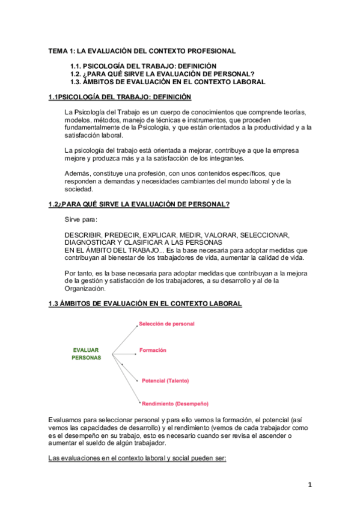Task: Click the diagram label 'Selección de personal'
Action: [166, 324]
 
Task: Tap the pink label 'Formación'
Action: [153, 350]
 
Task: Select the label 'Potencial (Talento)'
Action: [165, 381]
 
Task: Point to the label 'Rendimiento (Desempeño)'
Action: [175, 403]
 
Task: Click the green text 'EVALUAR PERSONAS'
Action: [87, 353]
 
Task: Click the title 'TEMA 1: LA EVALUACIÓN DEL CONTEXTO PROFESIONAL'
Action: [142, 51]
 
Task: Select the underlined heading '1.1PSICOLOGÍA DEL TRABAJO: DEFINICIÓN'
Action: [120, 97]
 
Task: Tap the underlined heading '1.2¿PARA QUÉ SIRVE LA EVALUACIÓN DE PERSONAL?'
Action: [139, 204]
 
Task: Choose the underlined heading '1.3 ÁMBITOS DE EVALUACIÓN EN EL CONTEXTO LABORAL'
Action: [145, 304]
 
